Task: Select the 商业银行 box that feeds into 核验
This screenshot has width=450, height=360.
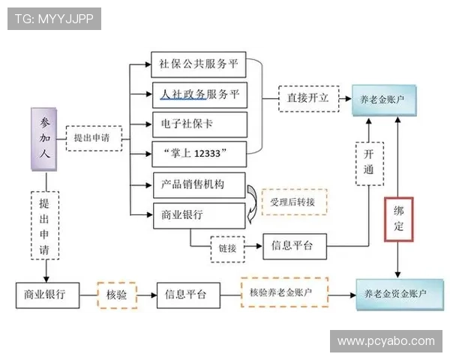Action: pos(47,295)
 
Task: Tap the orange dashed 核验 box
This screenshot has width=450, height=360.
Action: pos(116,295)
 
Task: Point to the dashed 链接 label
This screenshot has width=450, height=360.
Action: pos(227,248)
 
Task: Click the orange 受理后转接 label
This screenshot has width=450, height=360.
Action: pos(293,202)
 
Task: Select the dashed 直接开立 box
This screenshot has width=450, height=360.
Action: pos(303,98)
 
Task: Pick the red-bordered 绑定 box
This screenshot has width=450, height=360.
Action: pos(398,219)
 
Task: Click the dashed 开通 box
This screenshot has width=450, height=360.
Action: pos(367,163)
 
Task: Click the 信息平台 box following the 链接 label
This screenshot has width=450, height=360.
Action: pos(294,244)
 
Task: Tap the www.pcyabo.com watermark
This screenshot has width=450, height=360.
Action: pos(385,341)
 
